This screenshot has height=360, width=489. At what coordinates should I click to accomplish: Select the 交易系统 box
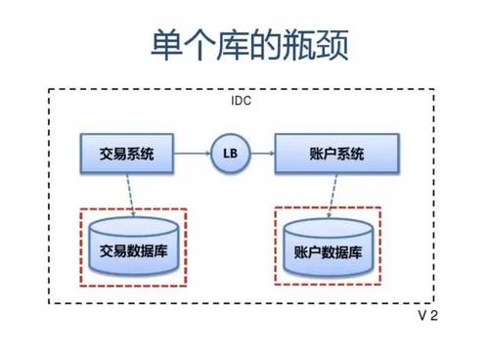(x=127, y=154)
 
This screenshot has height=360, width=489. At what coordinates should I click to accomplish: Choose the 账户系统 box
(x=336, y=154)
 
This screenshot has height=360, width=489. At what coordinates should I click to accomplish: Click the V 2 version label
(x=428, y=317)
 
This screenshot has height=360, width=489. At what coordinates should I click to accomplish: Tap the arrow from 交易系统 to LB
(x=194, y=154)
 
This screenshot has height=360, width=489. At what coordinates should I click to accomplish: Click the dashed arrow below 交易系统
(x=130, y=194)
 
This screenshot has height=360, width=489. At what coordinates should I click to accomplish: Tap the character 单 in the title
(x=166, y=45)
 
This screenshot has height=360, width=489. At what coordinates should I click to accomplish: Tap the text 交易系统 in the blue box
(x=127, y=154)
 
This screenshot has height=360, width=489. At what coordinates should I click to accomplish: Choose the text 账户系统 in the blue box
(x=336, y=154)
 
